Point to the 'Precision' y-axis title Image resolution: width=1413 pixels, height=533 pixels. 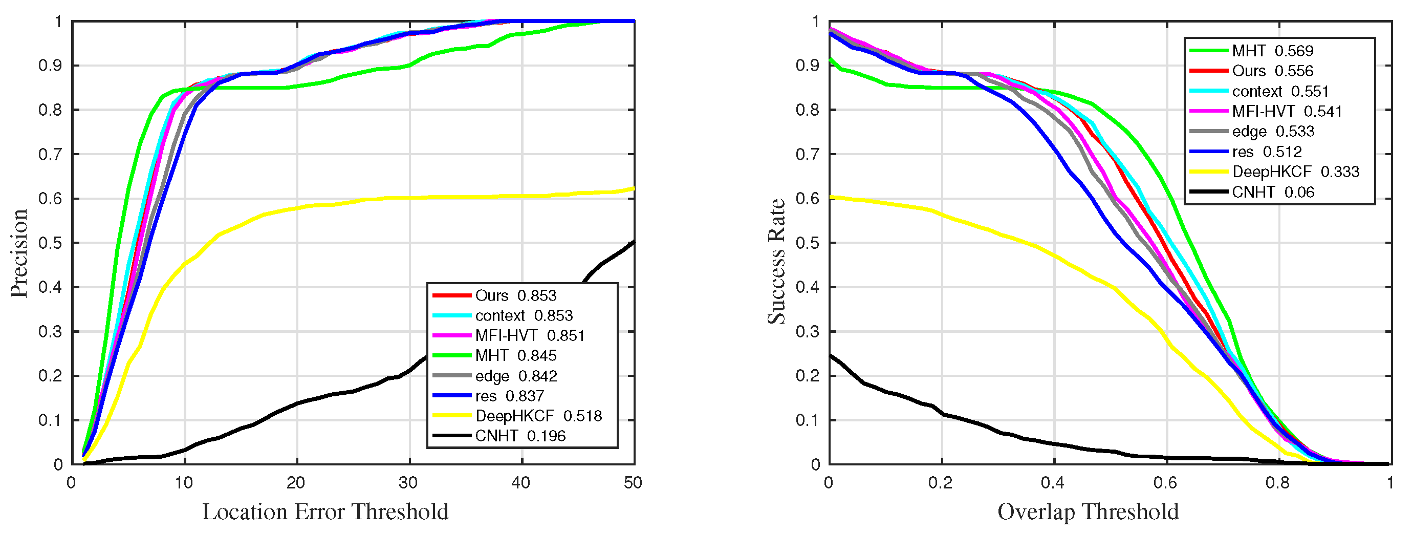point(19,253)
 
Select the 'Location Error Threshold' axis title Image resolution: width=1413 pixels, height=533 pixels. point(325,511)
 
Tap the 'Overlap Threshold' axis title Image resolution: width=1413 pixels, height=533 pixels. point(1088,511)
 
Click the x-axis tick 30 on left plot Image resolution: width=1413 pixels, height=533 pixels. point(408,483)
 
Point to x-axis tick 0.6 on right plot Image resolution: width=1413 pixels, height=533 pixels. point(1165,483)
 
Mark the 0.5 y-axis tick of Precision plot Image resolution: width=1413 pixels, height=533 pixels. point(51,243)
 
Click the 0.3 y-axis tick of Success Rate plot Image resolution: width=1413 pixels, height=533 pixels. point(808,332)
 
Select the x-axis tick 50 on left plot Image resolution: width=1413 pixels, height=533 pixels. point(633,483)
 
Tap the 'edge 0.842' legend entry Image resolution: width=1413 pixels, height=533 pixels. point(516,376)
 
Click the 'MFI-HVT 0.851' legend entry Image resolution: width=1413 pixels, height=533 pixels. point(529,336)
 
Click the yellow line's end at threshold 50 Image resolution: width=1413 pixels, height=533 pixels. point(634,188)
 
